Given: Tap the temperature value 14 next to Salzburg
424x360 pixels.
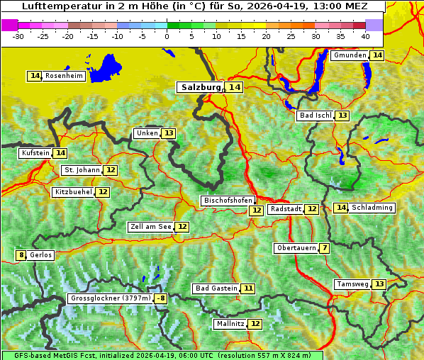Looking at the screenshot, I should tap(235, 87).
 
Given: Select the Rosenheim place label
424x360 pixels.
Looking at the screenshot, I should tap(64, 76).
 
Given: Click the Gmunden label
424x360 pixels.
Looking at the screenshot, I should tap(350, 55).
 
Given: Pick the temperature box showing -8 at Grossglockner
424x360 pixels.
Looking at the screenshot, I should tap(161, 298).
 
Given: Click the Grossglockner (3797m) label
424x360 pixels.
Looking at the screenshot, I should tap(111, 298).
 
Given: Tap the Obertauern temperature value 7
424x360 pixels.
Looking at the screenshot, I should tap(324, 248).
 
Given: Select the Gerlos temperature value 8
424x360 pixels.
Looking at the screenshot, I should tap(21, 255).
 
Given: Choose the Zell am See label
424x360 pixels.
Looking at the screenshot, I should tap(151, 227).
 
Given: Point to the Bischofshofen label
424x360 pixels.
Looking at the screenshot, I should tap(228, 201).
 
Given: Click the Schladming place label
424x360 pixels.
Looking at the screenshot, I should tap(372, 208).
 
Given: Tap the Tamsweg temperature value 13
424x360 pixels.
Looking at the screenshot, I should tap(379, 284).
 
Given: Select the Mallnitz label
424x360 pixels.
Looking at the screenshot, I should tap(230, 324).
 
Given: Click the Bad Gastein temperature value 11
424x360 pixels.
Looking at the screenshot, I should tap(247, 288).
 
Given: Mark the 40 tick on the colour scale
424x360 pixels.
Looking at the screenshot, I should tap(364, 36).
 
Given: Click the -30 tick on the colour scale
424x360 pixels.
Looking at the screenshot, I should tap(18, 36).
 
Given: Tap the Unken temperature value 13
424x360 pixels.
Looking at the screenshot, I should tap(168, 133).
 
